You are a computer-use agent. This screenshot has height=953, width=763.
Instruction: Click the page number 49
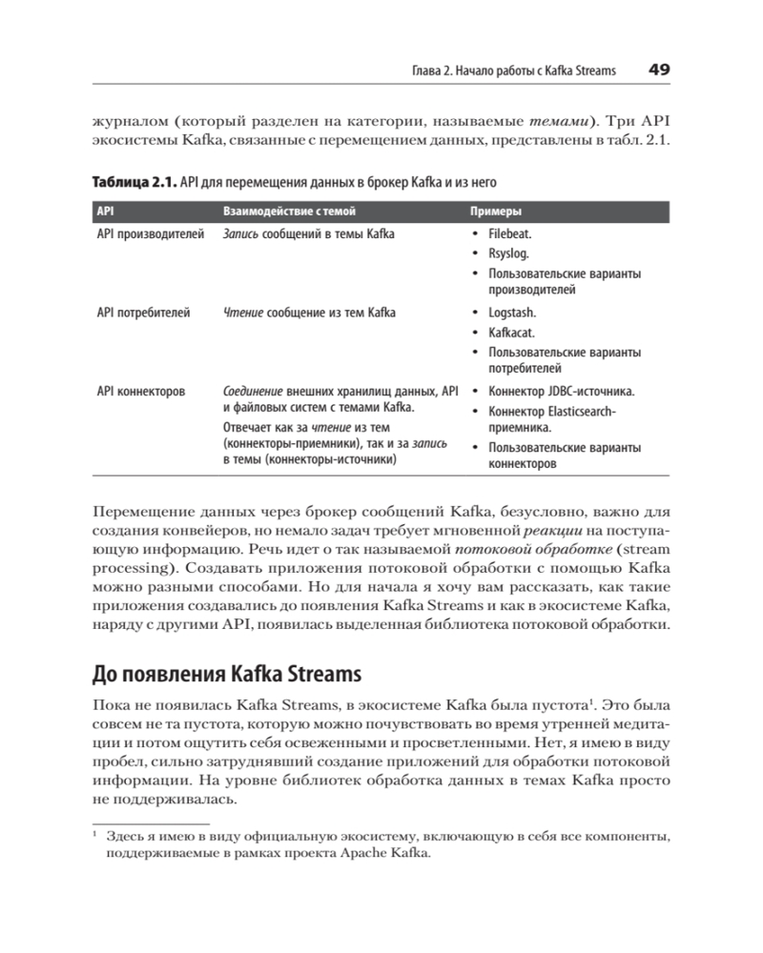659,70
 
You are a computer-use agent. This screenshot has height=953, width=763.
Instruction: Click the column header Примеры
496,212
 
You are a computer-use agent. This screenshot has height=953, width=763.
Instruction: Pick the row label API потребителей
144,313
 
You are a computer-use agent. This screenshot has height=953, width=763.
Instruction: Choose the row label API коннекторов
141,391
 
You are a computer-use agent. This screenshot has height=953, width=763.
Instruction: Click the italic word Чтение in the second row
242,313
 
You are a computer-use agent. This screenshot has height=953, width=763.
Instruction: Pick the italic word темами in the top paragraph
553,123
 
